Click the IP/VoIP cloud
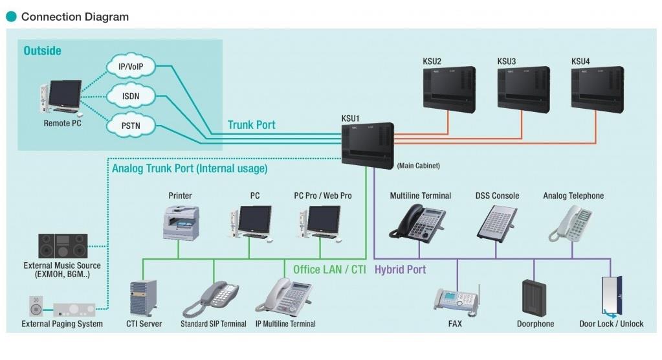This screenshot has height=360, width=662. point(131,66)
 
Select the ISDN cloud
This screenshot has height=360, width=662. point(131,96)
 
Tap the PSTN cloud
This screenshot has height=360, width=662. point(131,126)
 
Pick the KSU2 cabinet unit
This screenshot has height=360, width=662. point(449,89)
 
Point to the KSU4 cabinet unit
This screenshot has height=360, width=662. point(597,89)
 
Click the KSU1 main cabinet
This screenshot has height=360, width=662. point(368,145)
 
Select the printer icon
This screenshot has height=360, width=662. point(181,223)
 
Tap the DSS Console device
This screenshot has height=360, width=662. point(496,224)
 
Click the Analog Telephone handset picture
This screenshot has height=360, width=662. point(571,223)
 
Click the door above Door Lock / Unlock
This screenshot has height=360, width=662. point(612,297)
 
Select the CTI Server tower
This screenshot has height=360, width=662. point(143,298)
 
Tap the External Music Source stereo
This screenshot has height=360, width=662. point(63,246)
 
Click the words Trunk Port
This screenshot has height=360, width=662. point(252,125)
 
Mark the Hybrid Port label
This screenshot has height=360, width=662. point(400,269)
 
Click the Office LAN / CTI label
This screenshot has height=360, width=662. point(329,269)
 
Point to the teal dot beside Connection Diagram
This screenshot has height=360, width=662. point(11,16)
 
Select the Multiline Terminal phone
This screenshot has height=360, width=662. point(417,222)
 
